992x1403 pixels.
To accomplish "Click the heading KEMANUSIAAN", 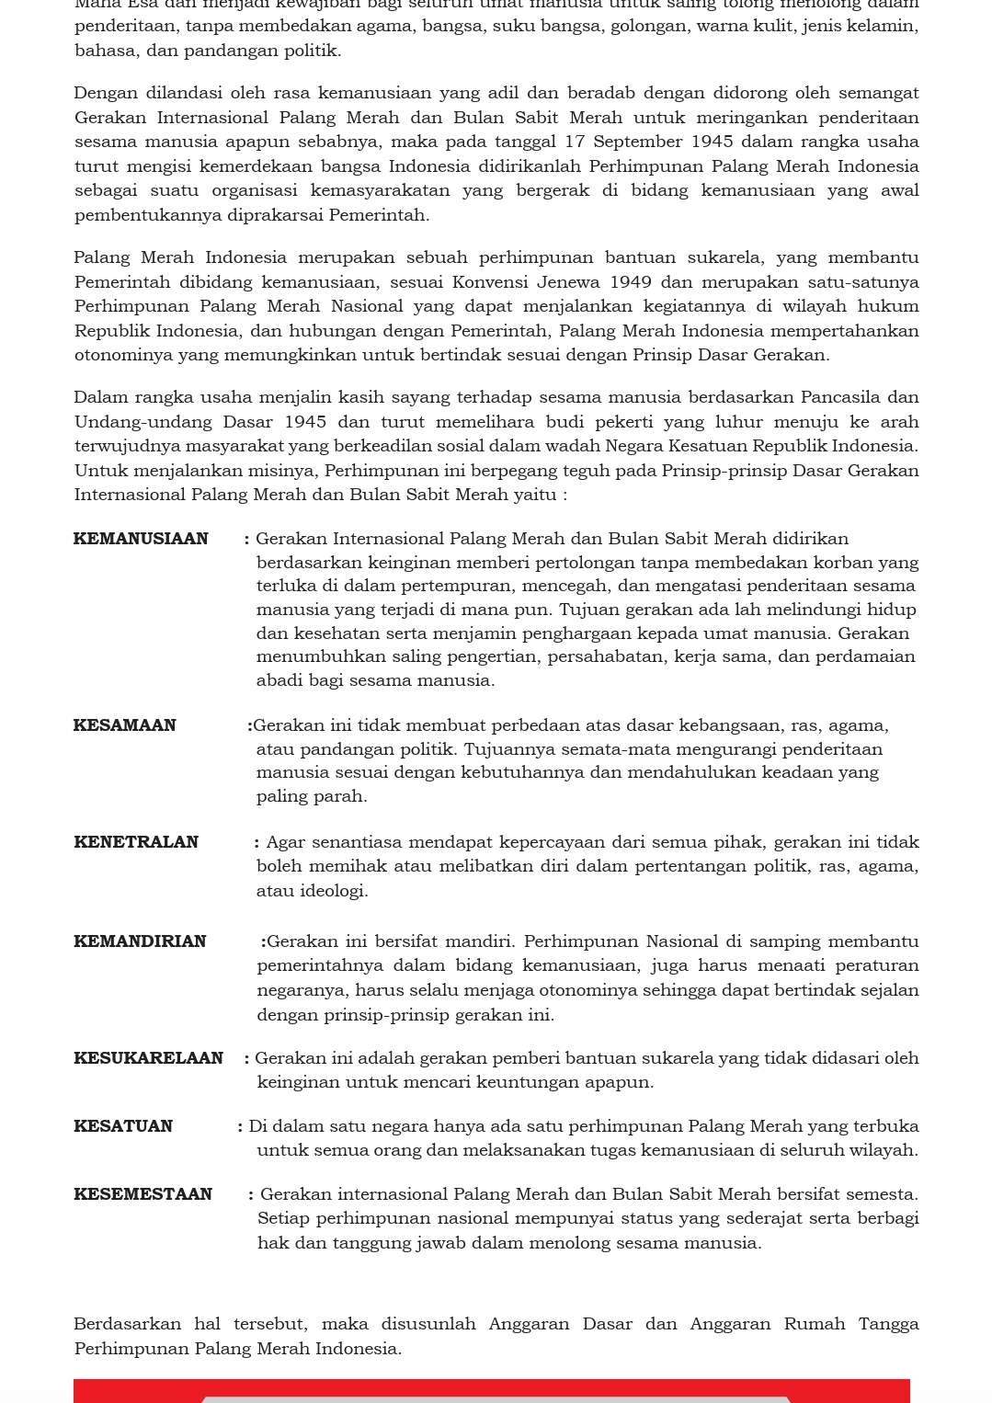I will coord(141,539).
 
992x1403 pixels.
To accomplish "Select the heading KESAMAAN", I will coord(125,725).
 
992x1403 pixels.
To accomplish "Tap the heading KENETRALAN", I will coord(136,842).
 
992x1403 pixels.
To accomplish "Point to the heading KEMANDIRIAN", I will coord(140,941).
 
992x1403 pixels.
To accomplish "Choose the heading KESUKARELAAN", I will coord(148,1058).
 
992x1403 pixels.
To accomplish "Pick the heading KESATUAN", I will coord(123,1126).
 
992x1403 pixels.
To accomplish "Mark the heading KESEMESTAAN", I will coord(143,1194).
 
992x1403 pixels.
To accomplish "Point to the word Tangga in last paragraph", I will coord(888,1324).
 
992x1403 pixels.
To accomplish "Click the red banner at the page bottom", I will coord(492,1390).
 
